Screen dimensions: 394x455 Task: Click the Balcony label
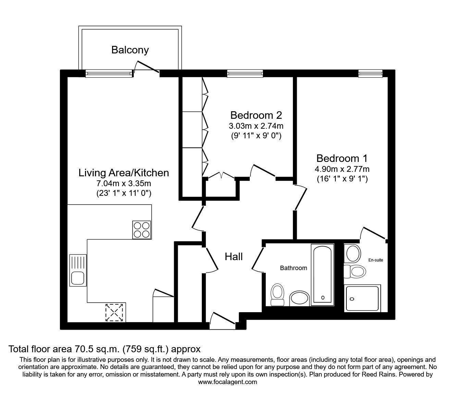130,50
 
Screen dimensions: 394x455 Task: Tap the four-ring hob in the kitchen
142,230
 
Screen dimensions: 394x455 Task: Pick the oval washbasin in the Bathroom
299,298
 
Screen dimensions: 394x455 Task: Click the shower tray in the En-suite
362,298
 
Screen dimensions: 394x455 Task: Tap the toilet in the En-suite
355,271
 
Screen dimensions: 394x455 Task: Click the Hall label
234,256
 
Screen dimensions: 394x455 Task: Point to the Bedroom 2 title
256,115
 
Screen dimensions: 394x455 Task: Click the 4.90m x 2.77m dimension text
342,169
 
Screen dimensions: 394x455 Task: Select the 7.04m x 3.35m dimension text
124,183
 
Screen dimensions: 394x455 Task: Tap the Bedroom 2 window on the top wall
245,73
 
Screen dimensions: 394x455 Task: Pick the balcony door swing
147,67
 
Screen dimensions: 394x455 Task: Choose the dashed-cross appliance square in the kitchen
115,312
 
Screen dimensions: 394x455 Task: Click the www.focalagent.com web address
227,382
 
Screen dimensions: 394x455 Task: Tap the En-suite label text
376,260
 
